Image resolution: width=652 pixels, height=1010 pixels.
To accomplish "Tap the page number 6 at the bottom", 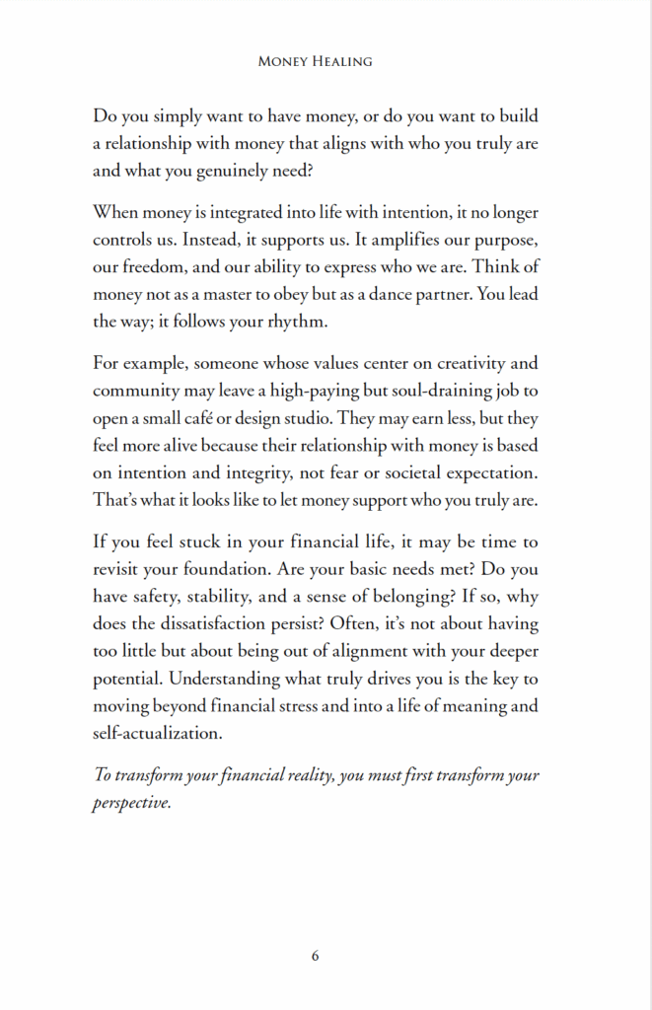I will [315, 955].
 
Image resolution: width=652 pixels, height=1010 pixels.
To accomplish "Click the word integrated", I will [256, 213].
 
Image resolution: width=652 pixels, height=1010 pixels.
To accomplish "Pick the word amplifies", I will [406, 240].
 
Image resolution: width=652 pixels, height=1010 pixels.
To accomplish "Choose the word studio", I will [353, 417].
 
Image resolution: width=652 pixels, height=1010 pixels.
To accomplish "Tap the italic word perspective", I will [132, 802].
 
